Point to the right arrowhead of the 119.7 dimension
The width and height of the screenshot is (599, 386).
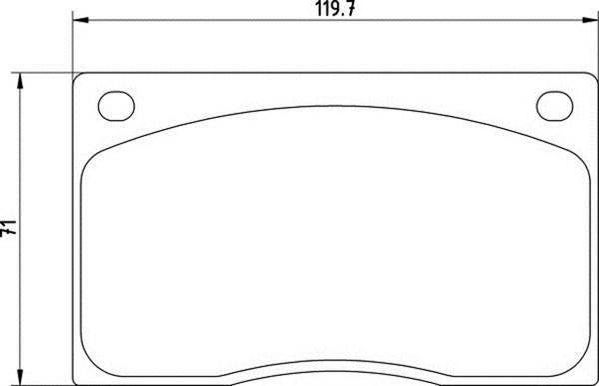point(589,21)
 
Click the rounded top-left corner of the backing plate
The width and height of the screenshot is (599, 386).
point(80,77)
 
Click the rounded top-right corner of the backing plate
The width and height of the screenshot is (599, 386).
point(589,77)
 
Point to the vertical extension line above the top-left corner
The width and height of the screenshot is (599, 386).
point(76,45)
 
